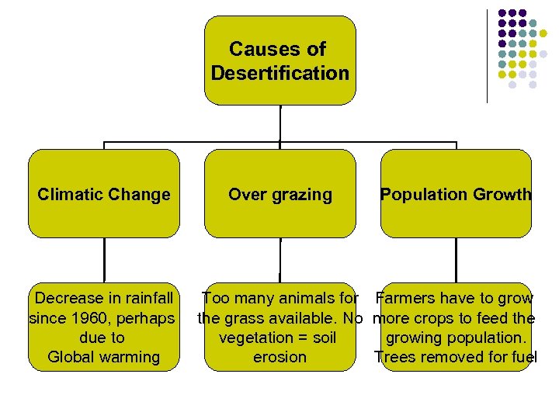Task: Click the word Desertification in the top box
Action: coord(279,74)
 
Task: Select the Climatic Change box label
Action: coord(104,194)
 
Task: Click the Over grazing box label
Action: coord(279,194)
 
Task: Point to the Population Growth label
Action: coord(456,194)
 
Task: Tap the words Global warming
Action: coord(103,357)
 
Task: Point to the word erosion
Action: coord(279,358)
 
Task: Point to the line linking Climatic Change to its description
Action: coord(104,260)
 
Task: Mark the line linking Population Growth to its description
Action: coord(456,260)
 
